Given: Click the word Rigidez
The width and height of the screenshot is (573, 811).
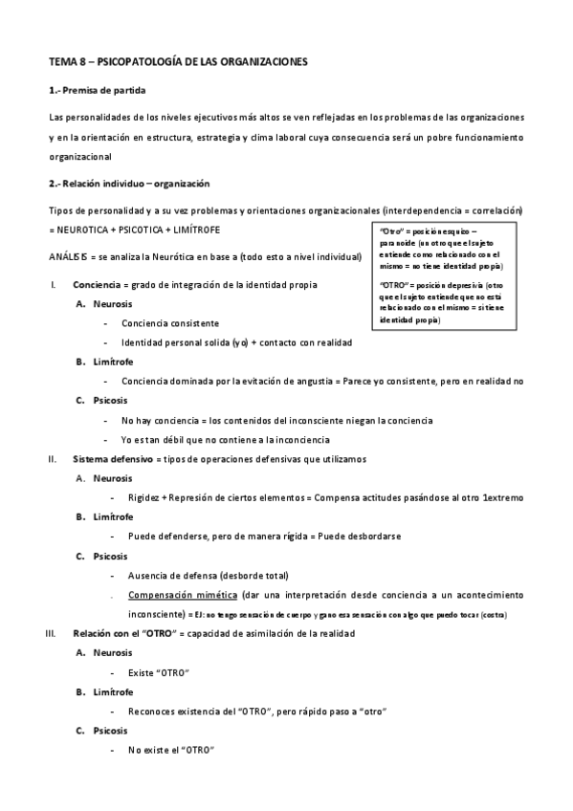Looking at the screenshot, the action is pyautogui.click(x=143, y=498).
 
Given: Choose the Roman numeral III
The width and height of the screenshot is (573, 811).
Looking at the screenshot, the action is pyautogui.click(x=52, y=632).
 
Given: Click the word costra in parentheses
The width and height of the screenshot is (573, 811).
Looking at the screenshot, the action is pyautogui.click(x=493, y=613).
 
